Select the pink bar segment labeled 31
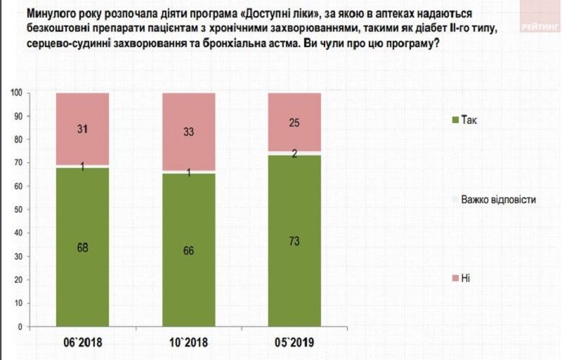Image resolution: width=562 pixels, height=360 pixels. pos(83,129)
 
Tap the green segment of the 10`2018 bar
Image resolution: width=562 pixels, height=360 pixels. pos(188,250)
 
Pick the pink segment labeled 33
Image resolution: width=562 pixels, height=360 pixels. pos(188,131)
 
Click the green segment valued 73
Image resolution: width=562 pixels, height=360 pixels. pos(294,240)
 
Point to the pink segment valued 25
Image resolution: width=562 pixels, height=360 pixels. pos(294,122)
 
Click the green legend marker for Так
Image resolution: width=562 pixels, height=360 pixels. pos(455,120)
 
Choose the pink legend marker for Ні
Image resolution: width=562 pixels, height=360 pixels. pos(455,279)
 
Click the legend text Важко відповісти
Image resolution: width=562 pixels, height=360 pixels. pos(498,200)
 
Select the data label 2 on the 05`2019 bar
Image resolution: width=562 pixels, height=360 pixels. pos(294,153)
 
